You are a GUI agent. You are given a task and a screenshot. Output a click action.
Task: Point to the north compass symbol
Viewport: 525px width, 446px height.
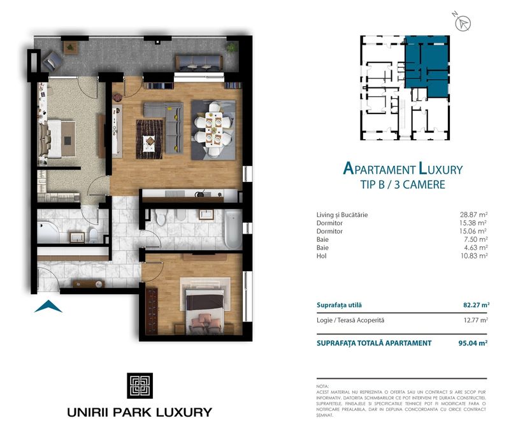pos(464,24)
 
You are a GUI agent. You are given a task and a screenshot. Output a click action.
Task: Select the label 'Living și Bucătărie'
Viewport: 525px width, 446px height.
pos(342,215)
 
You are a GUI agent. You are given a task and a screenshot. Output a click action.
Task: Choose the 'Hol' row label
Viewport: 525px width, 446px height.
pos(321,255)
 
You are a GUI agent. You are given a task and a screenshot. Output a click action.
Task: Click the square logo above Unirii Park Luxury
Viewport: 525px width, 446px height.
pos(139,385)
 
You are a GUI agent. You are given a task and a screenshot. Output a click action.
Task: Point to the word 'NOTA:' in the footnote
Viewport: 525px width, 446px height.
pos(323,387)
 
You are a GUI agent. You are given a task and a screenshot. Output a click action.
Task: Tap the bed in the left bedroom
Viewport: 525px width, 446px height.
pos(56,137)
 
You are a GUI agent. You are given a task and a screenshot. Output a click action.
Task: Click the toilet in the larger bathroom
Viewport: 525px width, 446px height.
pos(161,218)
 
